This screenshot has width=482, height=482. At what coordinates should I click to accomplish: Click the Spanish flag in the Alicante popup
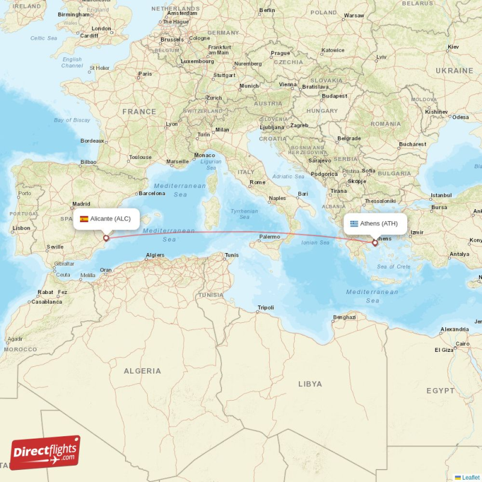pyautogui.click(x=84, y=219)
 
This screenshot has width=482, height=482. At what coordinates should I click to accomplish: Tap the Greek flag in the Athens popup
pyautogui.click(x=354, y=224)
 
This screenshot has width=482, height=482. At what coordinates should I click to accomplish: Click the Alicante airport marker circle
pyautogui.click(x=106, y=238)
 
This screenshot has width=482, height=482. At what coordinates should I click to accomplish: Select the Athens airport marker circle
pyautogui.click(x=375, y=243)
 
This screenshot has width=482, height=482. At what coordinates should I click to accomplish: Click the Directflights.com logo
pyautogui.click(x=45, y=452)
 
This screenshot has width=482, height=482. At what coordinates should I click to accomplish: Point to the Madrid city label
pyautogui.click(x=81, y=204)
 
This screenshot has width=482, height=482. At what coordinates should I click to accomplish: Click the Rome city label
pyautogui.click(x=257, y=182)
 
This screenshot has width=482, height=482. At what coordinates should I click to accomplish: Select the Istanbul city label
pyautogui.click(x=441, y=195)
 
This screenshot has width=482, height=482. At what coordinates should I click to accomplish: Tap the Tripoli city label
pyautogui.click(x=265, y=307)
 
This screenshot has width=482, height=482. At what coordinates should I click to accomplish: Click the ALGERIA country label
pyautogui.click(x=142, y=371)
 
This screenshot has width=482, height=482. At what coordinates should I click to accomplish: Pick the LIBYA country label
pyautogui.click(x=310, y=384)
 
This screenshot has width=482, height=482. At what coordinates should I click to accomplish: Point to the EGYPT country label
pyautogui.click(x=440, y=391)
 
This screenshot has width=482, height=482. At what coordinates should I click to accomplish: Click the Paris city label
pyautogui.click(x=145, y=74)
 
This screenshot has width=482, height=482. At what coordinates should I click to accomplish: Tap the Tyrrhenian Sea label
pyautogui.click(x=244, y=214)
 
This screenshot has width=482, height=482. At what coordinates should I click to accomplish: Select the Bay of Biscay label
pyautogui.click(x=72, y=120)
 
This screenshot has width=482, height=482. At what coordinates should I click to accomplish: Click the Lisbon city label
pyautogui.click(x=21, y=228)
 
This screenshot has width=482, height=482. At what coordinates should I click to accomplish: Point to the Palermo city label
pyautogui.click(x=269, y=237)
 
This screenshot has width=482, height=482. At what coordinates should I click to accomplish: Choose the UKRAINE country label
pyautogui.click(x=454, y=70)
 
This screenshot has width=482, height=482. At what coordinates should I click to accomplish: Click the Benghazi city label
pyautogui.click(x=345, y=317)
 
